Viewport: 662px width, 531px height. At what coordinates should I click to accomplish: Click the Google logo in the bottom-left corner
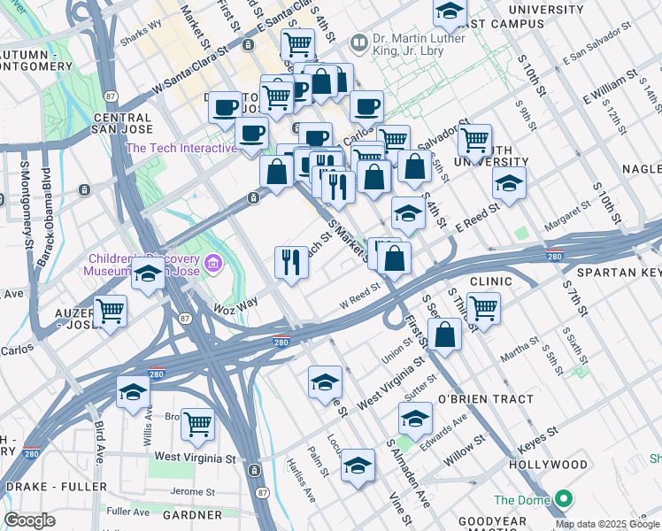click(x=29, y=520)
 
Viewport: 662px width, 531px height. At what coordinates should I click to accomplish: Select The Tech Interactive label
click(x=182, y=148)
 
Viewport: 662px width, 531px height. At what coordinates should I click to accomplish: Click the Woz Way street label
click(x=235, y=304)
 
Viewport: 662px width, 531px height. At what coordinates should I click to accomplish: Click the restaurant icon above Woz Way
click(x=291, y=261)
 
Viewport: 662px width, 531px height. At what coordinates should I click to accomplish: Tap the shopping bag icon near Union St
click(x=444, y=335)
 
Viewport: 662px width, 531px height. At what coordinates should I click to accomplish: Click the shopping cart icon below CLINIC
click(x=484, y=308)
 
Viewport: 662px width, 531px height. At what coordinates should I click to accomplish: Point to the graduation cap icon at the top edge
click(x=450, y=12)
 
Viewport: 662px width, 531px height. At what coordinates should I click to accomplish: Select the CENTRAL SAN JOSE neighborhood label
click(x=122, y=123)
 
